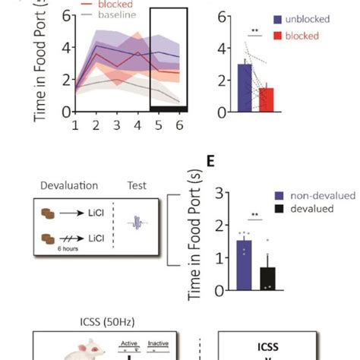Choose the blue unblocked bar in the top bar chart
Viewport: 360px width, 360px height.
245,88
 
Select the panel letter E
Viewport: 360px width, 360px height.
212,162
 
